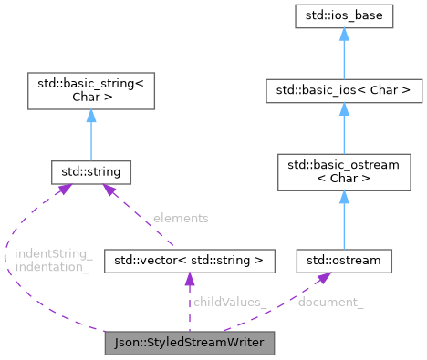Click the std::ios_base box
pos(344,16)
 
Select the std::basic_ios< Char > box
pos(344,90)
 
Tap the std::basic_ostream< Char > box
pos(344,171)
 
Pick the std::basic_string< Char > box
pos(90,91)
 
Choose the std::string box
pos(90,171)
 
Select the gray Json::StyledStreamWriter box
pos(189,344)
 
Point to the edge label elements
pos(181,218)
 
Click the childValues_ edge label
pos(225,301)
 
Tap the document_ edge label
pos(330,301)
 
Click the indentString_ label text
pos(53,252)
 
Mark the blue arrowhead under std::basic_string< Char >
pos(90,115)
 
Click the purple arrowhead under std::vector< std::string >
pos(189,280)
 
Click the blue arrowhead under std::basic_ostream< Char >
pos(344,197)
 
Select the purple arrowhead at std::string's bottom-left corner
pos(64,189)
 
